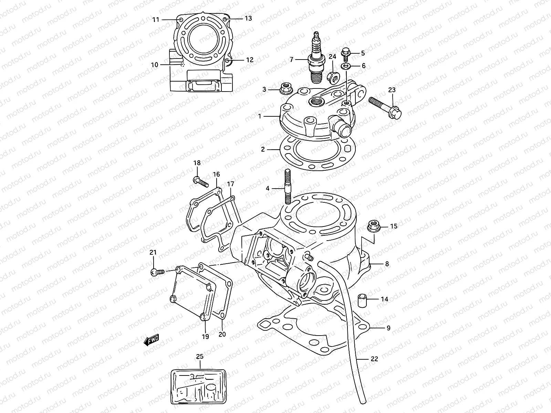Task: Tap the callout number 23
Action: (392, 90)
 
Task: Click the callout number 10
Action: (154, 65)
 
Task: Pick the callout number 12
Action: (250, 60)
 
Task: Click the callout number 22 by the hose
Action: (374, 359)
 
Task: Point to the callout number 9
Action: (388, 328)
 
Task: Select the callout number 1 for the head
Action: (260, 117)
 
